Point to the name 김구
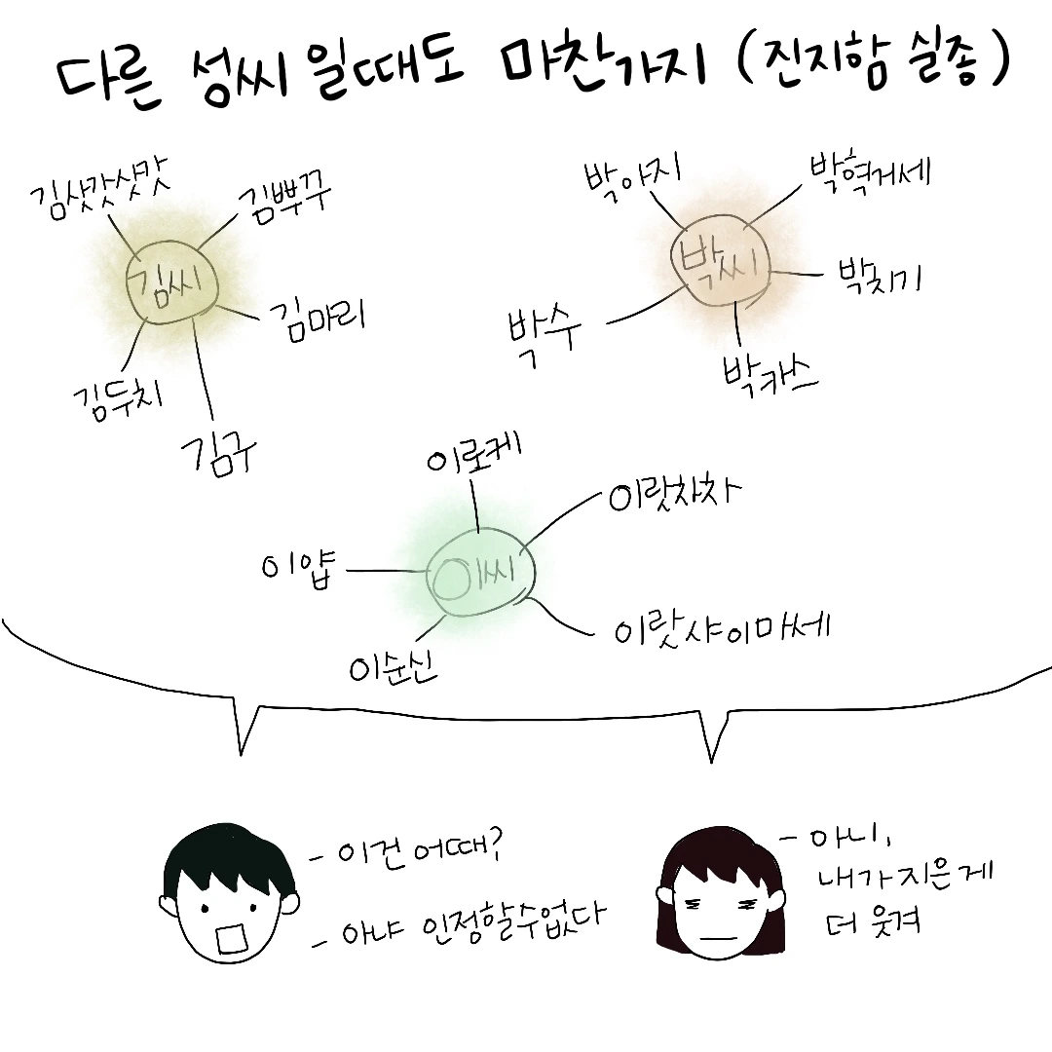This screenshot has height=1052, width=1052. click(216, 449)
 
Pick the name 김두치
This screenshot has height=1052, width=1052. click(118, 394)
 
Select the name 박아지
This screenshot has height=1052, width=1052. click(631, 175)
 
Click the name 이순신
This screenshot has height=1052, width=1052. click(394, 663)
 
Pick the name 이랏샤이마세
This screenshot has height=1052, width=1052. click(721, 630)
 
